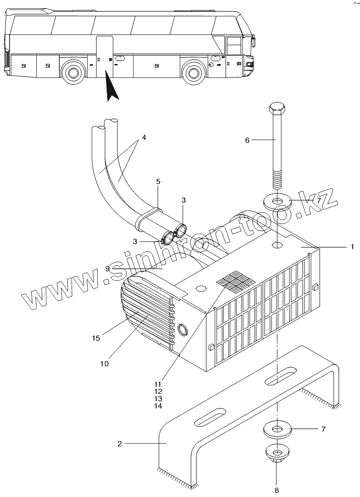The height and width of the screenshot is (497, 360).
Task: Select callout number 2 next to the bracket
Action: click(120, 444)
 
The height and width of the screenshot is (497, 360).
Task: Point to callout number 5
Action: click(158, 182)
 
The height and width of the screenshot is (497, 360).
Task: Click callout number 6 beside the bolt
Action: click(247, 140)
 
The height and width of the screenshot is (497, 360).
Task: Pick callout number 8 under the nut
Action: click(276, 490)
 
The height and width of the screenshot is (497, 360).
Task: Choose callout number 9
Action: click(108, 268)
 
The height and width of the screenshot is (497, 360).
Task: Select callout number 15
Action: click(96, 338)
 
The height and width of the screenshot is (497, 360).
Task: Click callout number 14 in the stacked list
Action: click(158, 405)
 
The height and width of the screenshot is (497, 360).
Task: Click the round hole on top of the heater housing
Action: click(277, 245)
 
